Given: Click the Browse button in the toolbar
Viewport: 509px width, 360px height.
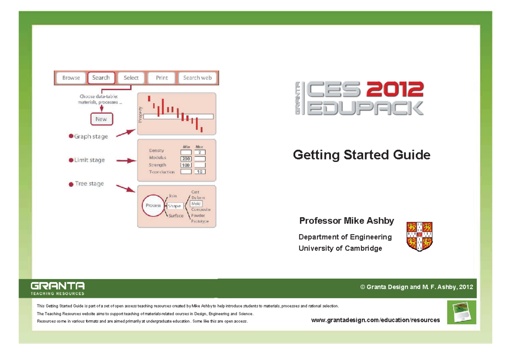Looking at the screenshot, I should click(x=71, y=78).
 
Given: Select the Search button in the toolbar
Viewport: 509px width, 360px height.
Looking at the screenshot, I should click(x=101, y=78).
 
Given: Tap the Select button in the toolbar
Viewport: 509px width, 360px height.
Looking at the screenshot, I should click(x=131, y=78).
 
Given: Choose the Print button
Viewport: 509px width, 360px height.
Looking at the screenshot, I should click(x=162, y=78).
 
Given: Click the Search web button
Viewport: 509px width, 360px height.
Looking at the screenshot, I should click(x=197, y=78).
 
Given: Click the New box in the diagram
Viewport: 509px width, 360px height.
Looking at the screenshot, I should click(x=101, y=119).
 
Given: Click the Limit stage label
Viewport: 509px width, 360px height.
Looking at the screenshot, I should click(x=89, y=160).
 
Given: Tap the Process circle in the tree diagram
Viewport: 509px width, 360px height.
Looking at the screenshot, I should click(x=153, y=206).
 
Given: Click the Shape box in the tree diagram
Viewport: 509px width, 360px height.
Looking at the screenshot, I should click(x=174, y=206).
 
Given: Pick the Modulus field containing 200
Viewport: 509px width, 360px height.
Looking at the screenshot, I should click(x=186, y=159).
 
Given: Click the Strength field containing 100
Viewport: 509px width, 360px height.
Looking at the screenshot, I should click(x=186, y=165).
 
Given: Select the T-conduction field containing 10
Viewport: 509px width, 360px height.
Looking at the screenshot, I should click(x=200, y=172).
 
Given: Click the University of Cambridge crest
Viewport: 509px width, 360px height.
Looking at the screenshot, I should click(x=419, y=236).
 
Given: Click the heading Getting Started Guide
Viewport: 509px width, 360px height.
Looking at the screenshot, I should click(x=361, y=155).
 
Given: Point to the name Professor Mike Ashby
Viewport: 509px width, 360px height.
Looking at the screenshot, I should click(x=347, y=221).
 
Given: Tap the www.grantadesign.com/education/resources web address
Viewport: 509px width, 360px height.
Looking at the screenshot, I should click(x=375, y=320).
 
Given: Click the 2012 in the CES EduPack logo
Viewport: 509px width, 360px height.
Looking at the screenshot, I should click(x=395, y=89).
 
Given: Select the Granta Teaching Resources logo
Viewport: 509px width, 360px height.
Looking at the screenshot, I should click(x=58, y=288).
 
